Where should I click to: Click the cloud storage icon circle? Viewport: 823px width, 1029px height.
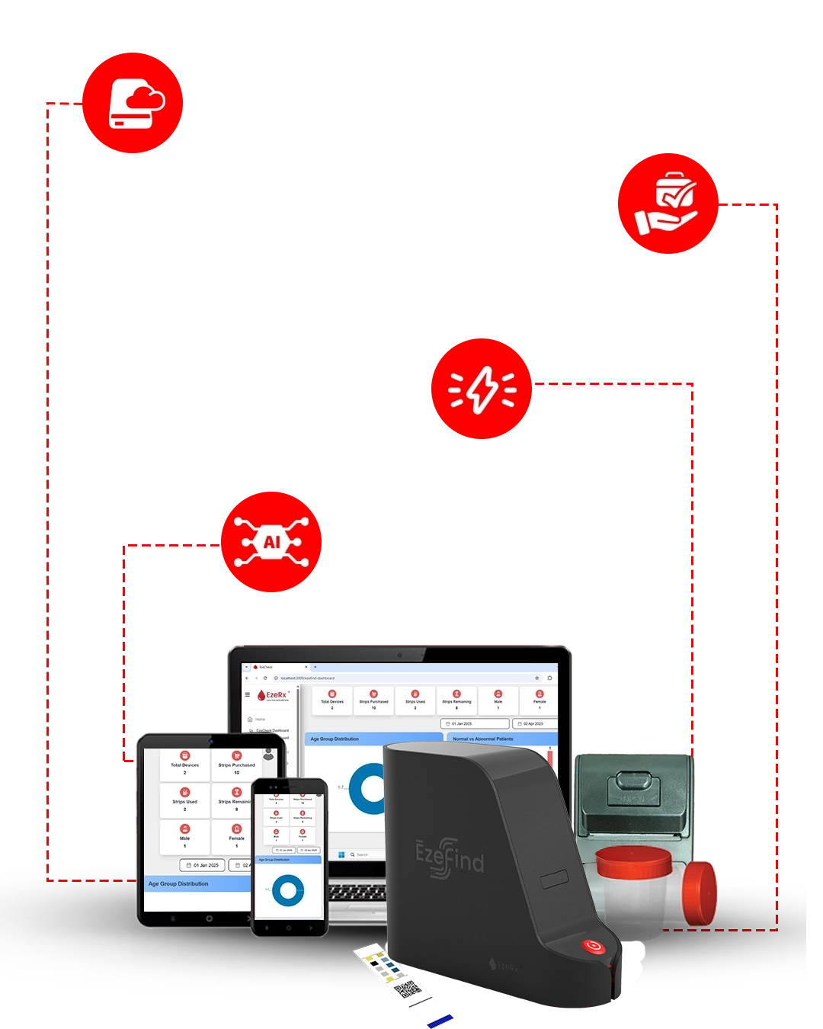click(x=132, y=103)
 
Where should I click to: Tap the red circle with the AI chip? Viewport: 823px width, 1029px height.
click(x=271, y=542)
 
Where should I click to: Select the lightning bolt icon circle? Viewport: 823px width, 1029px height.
click(x=482, y=389)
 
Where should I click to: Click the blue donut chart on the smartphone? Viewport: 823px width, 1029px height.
click(x=288, y=890)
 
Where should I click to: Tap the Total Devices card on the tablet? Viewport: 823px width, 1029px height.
click(x=184, y=765)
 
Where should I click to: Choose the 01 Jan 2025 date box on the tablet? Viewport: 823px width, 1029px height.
click(x=203, y=865)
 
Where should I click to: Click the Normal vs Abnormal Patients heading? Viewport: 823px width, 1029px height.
click(x=483, y=739)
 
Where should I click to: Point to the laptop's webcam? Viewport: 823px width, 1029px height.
click(x=399, y=655)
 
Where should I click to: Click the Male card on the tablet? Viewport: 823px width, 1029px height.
click(x=184, y=836)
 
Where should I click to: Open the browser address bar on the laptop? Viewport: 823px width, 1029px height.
click(x=404, y=678)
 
